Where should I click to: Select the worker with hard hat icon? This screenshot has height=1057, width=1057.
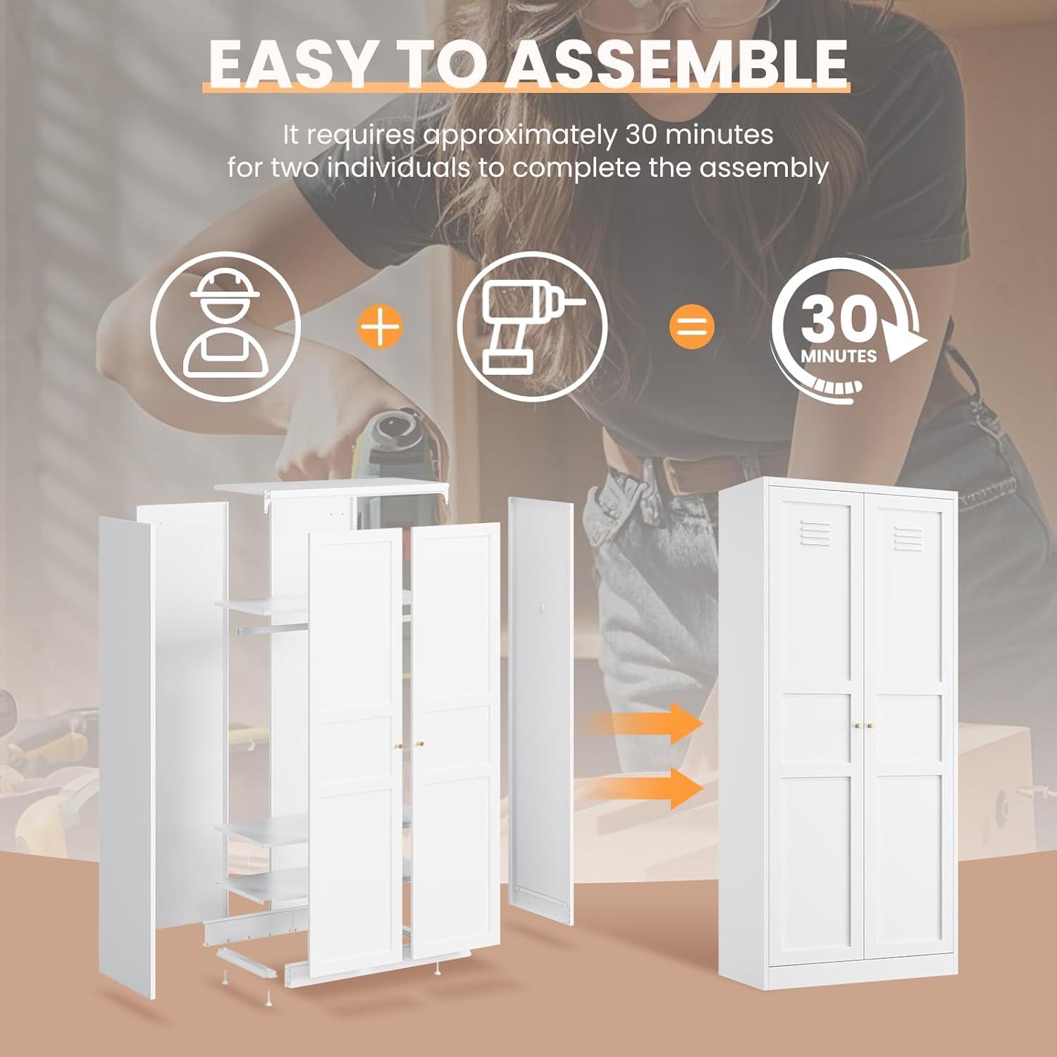point(225,327)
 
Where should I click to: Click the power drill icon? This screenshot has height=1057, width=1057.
point(532,327)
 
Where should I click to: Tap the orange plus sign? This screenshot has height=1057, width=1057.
point(381,327)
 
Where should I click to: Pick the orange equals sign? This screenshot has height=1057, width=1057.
point(691,327)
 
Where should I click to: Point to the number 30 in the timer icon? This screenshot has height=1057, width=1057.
point(838,319)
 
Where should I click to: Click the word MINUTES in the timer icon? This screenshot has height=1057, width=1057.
point(839,356)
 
